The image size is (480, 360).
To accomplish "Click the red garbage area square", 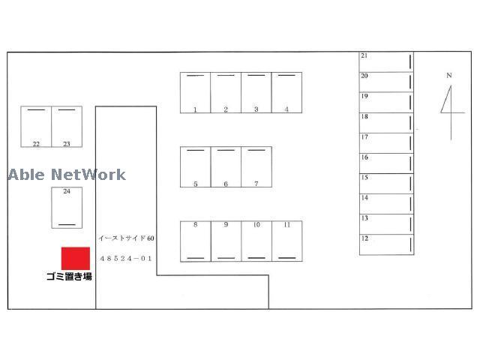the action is pos(76,258).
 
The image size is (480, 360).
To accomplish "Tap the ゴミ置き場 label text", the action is pos(69,277).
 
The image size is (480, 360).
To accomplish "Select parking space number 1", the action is pos(195,93).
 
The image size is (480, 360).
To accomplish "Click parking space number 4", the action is pos(286,93).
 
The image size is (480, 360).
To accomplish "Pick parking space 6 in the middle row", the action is pos(226,166).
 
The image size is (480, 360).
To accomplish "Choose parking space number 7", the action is pos(256,166).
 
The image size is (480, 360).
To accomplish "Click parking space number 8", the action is pos(196,241).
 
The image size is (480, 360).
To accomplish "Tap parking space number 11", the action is pos(287,241).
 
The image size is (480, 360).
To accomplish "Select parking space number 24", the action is pos(67,208).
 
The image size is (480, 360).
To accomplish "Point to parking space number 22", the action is pos(36,127).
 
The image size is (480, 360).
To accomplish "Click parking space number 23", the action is pos(67,127).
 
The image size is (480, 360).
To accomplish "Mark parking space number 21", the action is pos(386,62).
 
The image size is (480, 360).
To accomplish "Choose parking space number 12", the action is pos(387,244).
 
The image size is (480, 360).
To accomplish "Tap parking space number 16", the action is pos(387,163).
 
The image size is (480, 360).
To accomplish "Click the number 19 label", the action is pos(364,96).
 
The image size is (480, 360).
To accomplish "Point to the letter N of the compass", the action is pos(449,75).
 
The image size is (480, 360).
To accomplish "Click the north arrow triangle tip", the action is pos(451,85).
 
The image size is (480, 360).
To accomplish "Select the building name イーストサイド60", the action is pos(126,238).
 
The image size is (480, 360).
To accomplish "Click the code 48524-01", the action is pos(126,259).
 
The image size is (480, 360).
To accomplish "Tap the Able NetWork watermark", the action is pos(67,175).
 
